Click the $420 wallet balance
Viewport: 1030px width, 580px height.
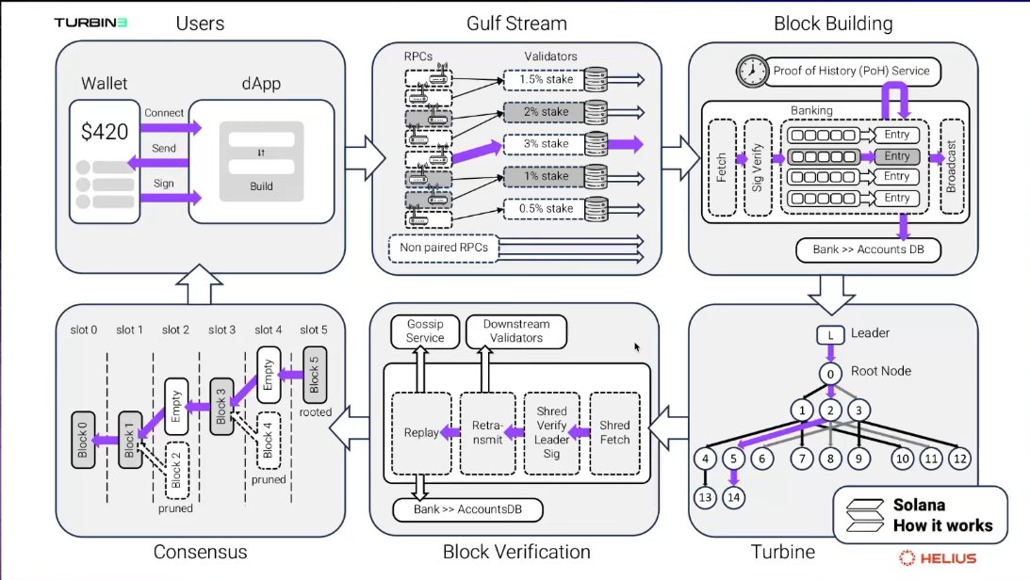(104, 132)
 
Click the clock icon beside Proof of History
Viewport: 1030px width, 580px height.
(751, 71)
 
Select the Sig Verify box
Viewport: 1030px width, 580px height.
(756, 167)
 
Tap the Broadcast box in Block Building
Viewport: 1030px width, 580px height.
(952, 167)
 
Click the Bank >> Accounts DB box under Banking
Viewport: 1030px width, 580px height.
(861, 250)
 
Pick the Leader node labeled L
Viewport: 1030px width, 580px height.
(830, 334)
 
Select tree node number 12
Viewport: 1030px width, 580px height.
(958, 459)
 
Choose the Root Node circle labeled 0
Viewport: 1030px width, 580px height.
(830, 374)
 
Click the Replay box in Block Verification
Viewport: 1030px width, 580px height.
(421, 432)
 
